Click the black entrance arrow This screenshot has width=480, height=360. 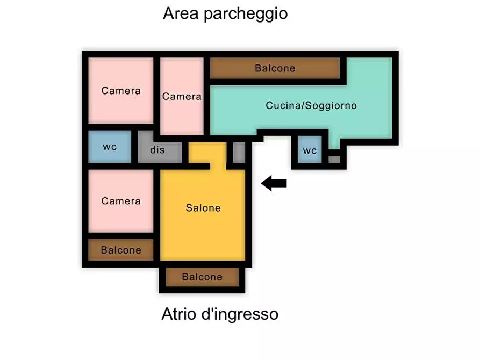[x=274, y=184]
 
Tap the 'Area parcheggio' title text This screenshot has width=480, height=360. [x=225, y=13]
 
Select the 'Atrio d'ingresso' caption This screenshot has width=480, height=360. [x=220, y=313]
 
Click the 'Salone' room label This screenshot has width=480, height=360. [x=203, y=208]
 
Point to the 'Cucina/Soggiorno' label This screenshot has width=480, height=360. [x=311, y=106]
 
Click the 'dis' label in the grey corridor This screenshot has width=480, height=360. [x=157, y=150]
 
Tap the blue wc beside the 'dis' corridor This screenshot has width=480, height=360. [x=110, y=147]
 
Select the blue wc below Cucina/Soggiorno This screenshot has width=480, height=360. [x=310, y=150]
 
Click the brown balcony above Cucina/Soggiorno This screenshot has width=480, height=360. [x=275, y=68]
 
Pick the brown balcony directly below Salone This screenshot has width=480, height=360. [x=202, y=277]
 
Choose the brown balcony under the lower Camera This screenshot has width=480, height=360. [x=121, y=250]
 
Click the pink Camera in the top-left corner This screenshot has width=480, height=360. [x=121, y=91]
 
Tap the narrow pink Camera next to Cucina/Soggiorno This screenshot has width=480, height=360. [x=182, y=97]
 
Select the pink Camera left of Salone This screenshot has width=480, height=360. [x=121, y=201]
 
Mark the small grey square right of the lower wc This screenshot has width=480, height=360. [x=334, y=159]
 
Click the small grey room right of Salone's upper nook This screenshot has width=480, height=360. [x=239, y=152]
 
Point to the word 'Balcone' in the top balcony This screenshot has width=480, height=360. [x=275, y=68]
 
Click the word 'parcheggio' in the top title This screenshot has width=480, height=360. [x=246, y=14]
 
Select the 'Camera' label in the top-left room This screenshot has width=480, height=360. [x=121, y=91]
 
